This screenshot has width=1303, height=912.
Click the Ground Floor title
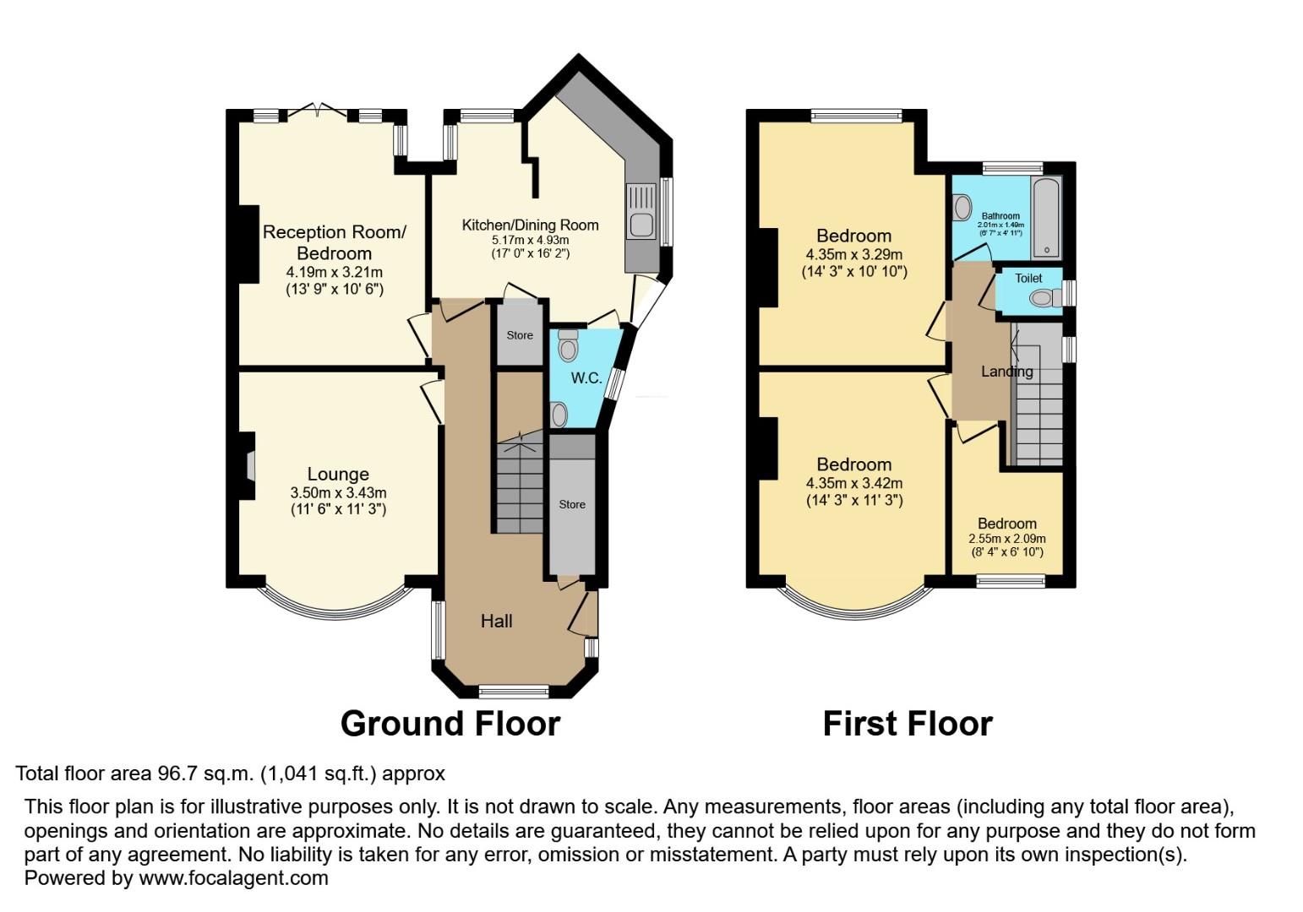[x=450, y=724]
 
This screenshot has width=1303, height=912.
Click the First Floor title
[x=907, y=724]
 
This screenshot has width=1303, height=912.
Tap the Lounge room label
[x=338, y=475]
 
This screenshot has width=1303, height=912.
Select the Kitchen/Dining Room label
[x=530, y=225]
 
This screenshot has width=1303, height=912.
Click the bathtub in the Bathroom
[x=1046, y=216]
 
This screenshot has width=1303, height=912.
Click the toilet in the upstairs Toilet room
[x=1045, y=297]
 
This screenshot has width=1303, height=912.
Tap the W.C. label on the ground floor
[x=586, y=377]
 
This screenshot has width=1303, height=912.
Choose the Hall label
[x=496, y=622]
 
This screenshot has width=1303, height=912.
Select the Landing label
[x=1006, y=372]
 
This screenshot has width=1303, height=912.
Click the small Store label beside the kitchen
[x=520, y=335]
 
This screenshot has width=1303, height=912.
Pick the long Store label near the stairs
[x=572, y=504]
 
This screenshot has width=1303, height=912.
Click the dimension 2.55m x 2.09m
[x=1006, y=539]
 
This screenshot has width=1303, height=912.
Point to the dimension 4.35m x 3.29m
[x=853, y=255]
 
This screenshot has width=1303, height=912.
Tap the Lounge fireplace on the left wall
[x=248, y=465]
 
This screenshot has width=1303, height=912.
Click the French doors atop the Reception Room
[x=318, y=111]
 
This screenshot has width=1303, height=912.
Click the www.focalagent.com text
[x=233, y=878]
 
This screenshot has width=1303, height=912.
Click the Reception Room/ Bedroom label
[x=334, y=242]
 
